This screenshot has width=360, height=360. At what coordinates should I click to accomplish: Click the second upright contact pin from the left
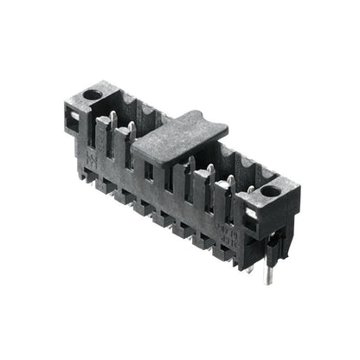(x=131, y=132)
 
